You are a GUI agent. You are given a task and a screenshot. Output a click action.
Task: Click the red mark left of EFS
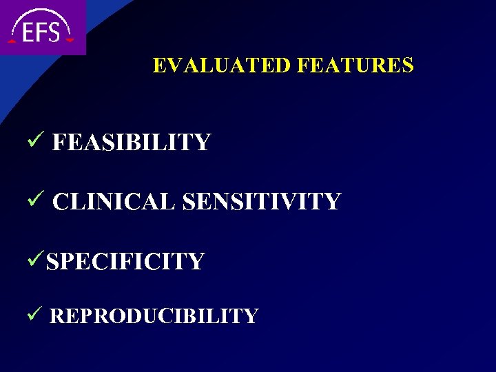tap(12, 41)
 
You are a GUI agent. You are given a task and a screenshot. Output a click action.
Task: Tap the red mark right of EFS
tap(71, 41)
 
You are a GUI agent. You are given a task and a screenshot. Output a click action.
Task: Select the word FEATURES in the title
tap(355, 65)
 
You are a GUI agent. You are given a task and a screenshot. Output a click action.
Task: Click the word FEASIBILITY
tap(131, 143)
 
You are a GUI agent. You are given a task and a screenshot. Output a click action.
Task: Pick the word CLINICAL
tap(114, 202)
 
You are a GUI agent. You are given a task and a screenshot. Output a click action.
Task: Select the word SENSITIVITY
tap(262, 202)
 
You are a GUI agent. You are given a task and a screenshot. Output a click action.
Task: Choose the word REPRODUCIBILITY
tap(154, 316)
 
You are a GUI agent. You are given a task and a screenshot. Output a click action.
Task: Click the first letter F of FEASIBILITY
tap(59, 143)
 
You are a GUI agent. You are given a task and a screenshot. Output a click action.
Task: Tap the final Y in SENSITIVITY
tap(333, 202)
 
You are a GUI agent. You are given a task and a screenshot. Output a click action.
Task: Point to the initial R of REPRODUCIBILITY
tap(56, 316)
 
